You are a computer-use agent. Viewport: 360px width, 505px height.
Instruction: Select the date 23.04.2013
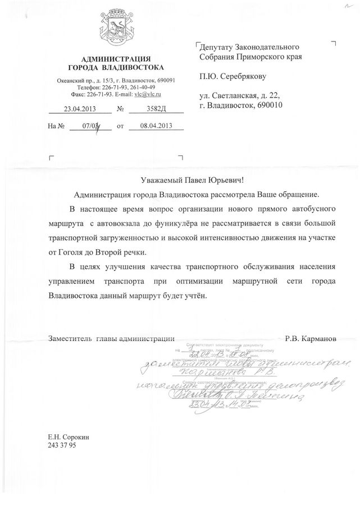(80, 109)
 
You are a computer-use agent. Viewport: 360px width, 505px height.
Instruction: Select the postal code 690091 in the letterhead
(166, 80)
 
